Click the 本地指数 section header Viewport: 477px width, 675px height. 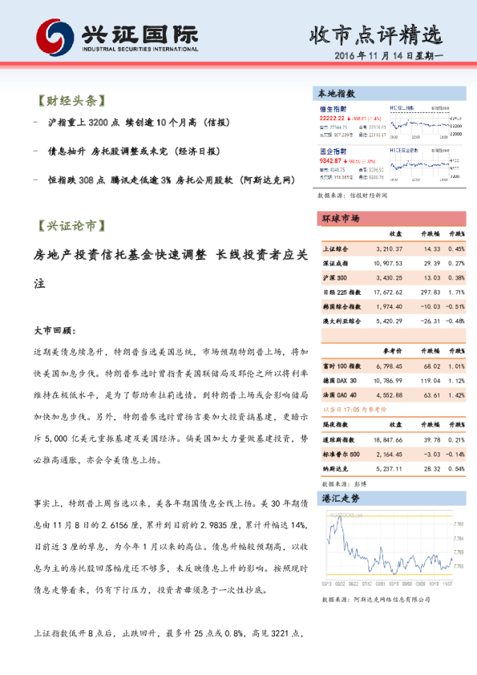pos(338,94)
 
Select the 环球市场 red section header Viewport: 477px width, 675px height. pos(341,218)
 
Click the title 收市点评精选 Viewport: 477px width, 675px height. pos(375,34)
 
